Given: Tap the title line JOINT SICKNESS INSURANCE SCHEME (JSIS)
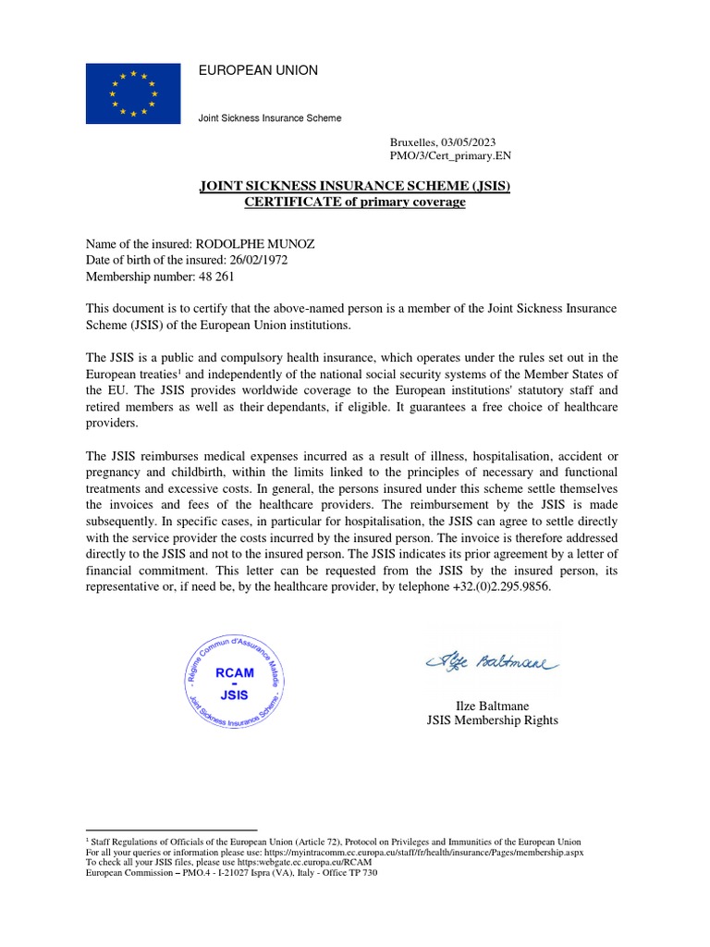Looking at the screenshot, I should tap(355, 187).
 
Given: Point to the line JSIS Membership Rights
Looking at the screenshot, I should tap(492, 720).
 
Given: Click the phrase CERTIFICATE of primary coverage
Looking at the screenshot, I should tap(355, 202).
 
